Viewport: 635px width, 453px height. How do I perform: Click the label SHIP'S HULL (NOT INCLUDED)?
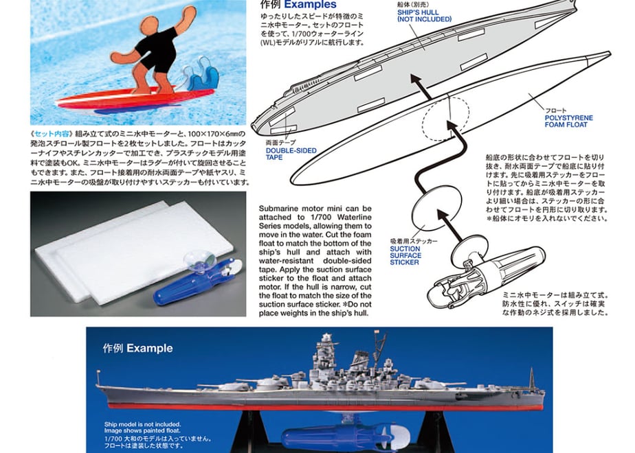(424, 16)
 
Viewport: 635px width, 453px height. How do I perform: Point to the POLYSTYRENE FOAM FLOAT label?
(568, 121)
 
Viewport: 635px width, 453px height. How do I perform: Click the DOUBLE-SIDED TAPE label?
(291, 154)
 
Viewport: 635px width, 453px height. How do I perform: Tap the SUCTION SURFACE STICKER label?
(405, 255)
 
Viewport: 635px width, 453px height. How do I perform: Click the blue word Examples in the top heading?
(310, 4)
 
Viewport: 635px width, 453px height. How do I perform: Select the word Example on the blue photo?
(149, 348)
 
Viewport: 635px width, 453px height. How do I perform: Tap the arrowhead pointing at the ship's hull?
(416, 80)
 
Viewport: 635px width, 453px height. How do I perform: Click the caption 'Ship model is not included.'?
(142, 424)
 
